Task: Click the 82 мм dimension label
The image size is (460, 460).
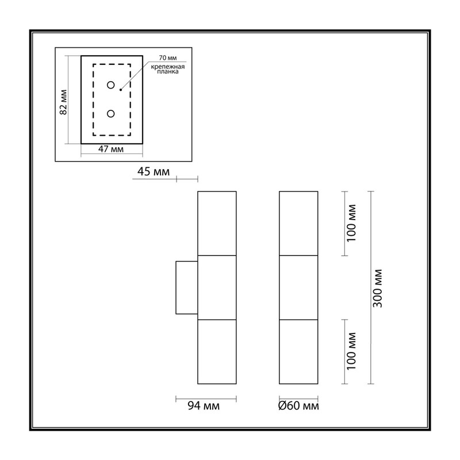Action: click(63, 102)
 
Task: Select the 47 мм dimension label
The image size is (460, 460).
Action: click(111, 149)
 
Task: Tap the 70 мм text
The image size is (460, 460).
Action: click(168, 58)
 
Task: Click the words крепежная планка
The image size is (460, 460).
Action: click(168, 69)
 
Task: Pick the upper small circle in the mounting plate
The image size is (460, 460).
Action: click(110, 85)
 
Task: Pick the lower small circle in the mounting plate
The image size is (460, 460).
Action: click(110, 113)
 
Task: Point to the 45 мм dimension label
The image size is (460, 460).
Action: click(154, 171)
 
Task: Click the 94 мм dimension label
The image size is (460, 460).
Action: click(204, 406)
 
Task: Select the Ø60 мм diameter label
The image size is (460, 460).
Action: click(298, 406)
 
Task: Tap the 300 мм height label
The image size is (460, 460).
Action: click(378, 288)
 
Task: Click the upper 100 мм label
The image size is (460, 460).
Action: click(351, 223)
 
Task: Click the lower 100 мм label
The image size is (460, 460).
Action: click(351, 351)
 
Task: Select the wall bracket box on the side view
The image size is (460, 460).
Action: click(186, 287)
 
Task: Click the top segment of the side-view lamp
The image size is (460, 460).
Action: click(217, 223)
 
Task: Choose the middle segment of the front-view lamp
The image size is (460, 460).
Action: click(298, 287)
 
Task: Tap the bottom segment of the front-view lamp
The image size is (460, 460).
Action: click(298, 352)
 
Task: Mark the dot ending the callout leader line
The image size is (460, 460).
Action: click(121, 90)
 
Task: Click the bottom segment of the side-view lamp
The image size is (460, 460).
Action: click(217, 352)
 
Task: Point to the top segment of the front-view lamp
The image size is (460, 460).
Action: click(298, 223)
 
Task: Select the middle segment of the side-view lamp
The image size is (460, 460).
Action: click(217, 287)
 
